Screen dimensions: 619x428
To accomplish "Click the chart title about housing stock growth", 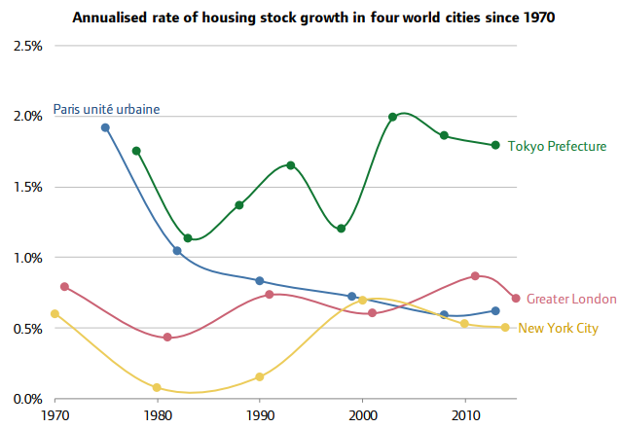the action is tap(313, 18).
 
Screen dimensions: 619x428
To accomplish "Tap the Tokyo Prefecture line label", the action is tap(557, 146).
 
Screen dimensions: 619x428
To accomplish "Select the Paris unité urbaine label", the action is tap(107, 109).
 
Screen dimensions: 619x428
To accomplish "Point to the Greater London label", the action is tap(571, 299).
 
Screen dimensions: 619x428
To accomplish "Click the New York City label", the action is tap(559, 328).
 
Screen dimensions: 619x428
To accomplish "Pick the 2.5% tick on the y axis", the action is tap(27, 46).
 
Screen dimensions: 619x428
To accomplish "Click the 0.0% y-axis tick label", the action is tap(27, 399).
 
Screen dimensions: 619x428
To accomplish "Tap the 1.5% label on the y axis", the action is tap(27, 187).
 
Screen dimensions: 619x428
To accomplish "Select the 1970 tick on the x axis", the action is tap(55, 415).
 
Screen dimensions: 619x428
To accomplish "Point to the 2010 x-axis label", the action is tap(465, 415).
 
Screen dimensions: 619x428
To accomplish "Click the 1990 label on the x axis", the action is tap(260, 415).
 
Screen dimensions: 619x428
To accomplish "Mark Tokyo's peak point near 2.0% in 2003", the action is tap(392, 117).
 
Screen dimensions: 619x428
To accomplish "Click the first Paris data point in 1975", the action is tap(105, 127).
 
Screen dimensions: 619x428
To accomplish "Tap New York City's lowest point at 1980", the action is tap(157, 387).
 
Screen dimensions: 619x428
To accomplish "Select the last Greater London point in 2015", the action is tap(516, 299).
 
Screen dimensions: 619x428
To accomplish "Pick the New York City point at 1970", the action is tap(55, 314).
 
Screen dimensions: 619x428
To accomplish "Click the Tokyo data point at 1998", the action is tap(342, 229).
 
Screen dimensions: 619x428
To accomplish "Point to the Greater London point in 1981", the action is tap(167, 337).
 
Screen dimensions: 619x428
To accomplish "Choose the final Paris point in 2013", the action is tap(495, 311).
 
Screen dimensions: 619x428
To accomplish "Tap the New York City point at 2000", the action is tap(362, 301).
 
